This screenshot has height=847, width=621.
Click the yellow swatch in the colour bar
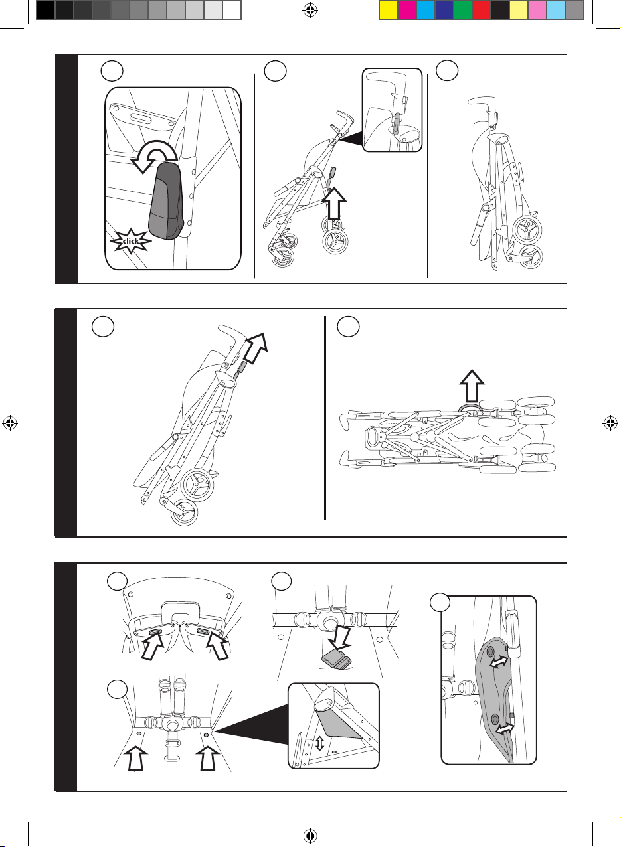pos(388,9)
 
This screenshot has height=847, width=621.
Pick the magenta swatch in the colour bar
pos(406,9)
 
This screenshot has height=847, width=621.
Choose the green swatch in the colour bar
pos(462,9)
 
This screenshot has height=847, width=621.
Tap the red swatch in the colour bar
pos(481,9)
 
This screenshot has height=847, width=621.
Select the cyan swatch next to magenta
pos(425,9)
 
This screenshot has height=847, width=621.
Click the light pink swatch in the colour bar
pos(537,9)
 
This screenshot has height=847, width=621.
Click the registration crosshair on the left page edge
pos(10,424)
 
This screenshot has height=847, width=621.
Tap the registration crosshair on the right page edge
pos(610,424)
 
